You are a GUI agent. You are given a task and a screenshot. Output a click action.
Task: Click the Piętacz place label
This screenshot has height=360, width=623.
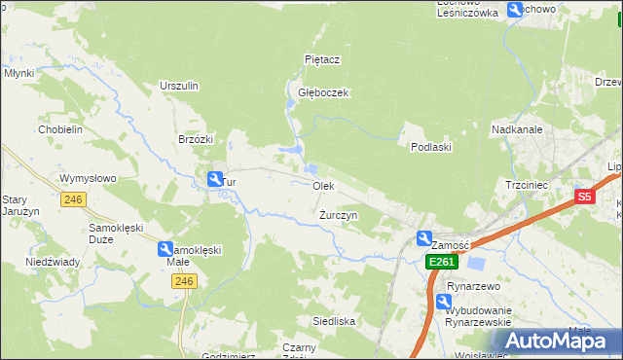tap(321, 59)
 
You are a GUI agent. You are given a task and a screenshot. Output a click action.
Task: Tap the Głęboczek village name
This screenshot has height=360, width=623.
tap(323, 93)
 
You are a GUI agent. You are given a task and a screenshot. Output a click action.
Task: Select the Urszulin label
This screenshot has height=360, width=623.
tap(179, 86)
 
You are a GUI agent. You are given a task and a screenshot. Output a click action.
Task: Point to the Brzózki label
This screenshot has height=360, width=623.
tap(196, 139)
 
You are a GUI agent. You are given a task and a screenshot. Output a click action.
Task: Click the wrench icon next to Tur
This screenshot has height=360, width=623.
tap(215, 178)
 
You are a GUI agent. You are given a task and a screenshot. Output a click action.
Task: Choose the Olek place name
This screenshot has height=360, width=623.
tap(323, 185)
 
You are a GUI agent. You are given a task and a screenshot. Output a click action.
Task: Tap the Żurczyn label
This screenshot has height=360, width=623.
tap(339, 214)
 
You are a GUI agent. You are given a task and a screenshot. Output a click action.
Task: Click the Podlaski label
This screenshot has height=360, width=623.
tap(429, 146)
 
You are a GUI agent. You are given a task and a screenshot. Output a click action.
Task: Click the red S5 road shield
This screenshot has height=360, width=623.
tap(583, 197)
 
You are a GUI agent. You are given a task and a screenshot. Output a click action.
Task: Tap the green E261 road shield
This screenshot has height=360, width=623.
tap(441, 263)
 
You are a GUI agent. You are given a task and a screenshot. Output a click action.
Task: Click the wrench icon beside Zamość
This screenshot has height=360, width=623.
tap(424, 238)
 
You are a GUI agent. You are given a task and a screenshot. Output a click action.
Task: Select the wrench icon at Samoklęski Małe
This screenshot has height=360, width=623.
tap(165, 249)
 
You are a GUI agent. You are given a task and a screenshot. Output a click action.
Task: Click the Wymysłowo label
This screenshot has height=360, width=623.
tap(88, 179)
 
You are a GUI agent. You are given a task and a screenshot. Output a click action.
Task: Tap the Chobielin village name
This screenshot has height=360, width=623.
tap(59, 129)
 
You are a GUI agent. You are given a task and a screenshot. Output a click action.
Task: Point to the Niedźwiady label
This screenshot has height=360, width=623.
tap(52, 262)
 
